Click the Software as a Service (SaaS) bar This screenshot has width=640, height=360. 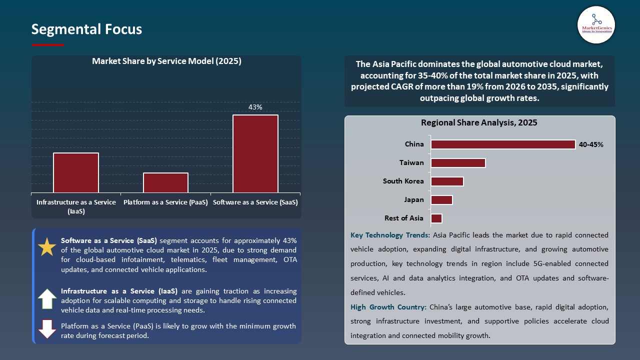(x=255, y=153)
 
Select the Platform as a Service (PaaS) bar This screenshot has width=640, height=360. (x=165, y=182)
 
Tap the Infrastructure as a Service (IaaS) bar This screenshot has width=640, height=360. (x=76, y=172)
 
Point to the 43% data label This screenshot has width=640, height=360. (x=255, y=107)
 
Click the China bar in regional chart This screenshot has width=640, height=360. (x=503, y=144)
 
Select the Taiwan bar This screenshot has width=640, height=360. (x=458, y=163)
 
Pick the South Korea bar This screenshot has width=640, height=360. (x=447, y=181)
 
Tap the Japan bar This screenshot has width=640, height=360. (x=441, y=199)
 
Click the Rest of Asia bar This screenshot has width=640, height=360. (x=436, y=218)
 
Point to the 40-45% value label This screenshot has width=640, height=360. (x=591, y=144)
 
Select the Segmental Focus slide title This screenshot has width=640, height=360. (x=86, y=29)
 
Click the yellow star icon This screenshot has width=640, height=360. (x=47, y=247)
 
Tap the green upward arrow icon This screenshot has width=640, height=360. (x=47, y=298)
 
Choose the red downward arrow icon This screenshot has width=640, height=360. (x=47, y=329)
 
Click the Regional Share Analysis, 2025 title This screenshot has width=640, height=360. (x=479, y=122)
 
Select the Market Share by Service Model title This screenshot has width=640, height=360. (x=166, y=61)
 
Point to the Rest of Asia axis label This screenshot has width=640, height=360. (x=403, y=218)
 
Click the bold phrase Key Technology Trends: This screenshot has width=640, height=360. (x=390, y=235)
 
